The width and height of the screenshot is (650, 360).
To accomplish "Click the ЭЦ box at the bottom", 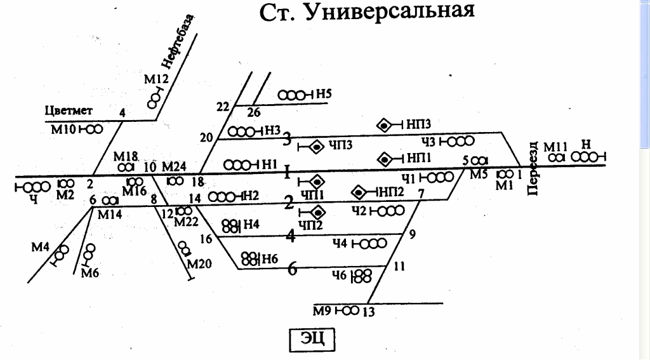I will (311, 340).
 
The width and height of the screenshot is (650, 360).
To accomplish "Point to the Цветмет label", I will (69, 111).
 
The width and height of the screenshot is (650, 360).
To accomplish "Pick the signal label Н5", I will (324, 95).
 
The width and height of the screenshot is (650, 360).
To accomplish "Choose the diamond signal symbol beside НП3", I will (383, 126).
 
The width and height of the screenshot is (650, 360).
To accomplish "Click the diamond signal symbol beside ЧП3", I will (316, 147).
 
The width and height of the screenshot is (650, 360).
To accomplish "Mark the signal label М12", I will (156, 80).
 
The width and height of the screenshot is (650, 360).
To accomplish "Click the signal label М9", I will (322, 310).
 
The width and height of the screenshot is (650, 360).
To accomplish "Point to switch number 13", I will (369, 312).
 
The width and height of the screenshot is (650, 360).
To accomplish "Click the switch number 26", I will (254, 113).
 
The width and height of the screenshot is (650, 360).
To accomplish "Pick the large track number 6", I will (293, 269).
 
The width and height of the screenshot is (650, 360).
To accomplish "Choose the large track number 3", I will (287, 138).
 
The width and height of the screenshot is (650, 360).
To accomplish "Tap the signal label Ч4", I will (340, 243).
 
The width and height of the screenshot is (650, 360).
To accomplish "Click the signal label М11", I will (555, 146).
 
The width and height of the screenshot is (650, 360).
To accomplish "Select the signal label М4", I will (41, 247).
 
